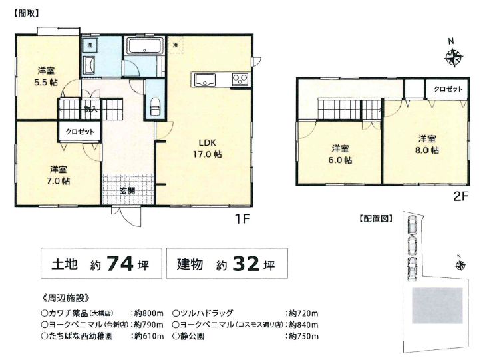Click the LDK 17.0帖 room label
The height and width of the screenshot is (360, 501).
[207, 148]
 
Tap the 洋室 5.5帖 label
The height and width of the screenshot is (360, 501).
[46, 76]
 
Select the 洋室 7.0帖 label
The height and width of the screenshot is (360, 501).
[58, 175]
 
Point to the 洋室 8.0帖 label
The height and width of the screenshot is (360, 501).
[427, 144]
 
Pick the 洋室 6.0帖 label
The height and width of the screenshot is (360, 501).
[340, 154]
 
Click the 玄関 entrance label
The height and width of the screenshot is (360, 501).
[127, 191]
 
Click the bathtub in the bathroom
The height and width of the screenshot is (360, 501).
[146, 46]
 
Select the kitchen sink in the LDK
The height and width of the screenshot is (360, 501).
[204, 80]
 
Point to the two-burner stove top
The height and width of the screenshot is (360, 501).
[240, 79]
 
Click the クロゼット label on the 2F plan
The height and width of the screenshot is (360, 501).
[448, 89]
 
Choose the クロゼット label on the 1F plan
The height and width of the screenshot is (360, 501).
[80, 132]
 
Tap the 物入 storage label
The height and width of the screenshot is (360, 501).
[90, 110]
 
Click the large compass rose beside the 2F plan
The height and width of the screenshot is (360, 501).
[454, 58]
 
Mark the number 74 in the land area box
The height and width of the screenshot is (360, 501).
[120, 264]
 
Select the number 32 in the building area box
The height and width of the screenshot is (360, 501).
[246, 264]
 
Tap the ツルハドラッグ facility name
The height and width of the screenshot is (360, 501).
[206, 313]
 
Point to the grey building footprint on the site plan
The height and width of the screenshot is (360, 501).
[437, 306]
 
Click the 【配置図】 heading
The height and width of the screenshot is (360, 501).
[376, 219]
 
